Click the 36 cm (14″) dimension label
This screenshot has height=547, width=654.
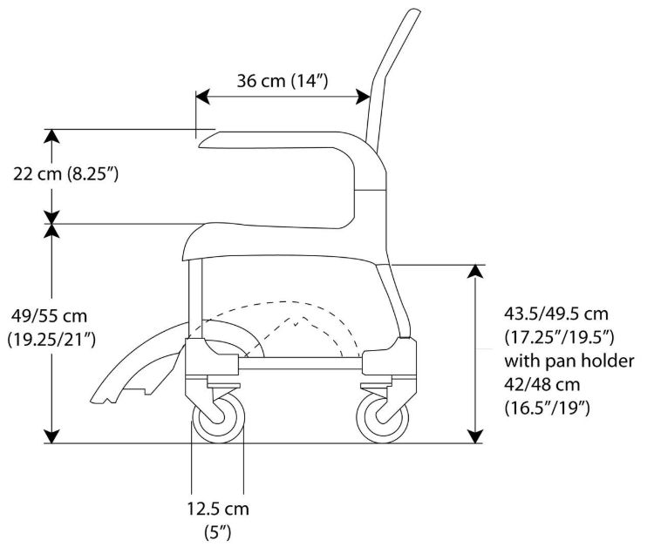[283, 81]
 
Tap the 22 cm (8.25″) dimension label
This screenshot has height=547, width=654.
[66, 173]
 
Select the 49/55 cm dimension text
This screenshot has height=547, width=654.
[49, 316]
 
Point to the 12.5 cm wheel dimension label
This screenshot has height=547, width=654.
[218, 509]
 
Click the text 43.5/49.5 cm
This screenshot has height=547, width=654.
[556, 314]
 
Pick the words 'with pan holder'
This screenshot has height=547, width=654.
[569, 361]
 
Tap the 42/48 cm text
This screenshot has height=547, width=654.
[542, 384]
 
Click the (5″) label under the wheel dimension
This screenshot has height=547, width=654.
[218, 532]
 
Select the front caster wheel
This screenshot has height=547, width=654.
[218, 418]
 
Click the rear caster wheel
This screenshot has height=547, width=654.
[383, 418]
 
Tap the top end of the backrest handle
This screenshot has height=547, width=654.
[413, 10]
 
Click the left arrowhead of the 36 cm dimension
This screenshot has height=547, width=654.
[202, 97]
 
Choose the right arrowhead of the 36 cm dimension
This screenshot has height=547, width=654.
[363, 97]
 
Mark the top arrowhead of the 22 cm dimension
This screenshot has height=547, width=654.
[51, 136]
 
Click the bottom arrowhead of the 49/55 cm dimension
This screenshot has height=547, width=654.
[51, 436]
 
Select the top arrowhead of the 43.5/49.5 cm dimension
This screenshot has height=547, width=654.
[475, 272]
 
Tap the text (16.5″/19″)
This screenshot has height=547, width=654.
[547, 408]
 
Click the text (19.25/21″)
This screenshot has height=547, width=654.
[51, 340]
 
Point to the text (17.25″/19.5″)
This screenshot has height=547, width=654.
[559, 337]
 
